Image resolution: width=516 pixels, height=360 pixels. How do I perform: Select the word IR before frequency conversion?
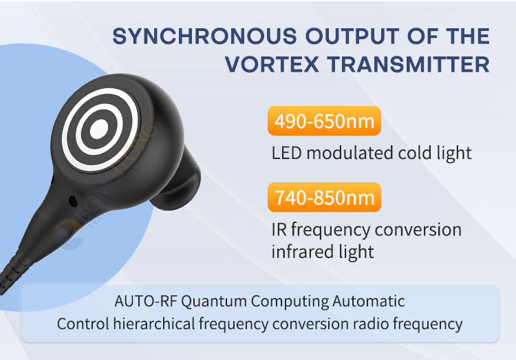pos(279,229)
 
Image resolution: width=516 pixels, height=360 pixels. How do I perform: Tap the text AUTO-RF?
pos(140,301)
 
